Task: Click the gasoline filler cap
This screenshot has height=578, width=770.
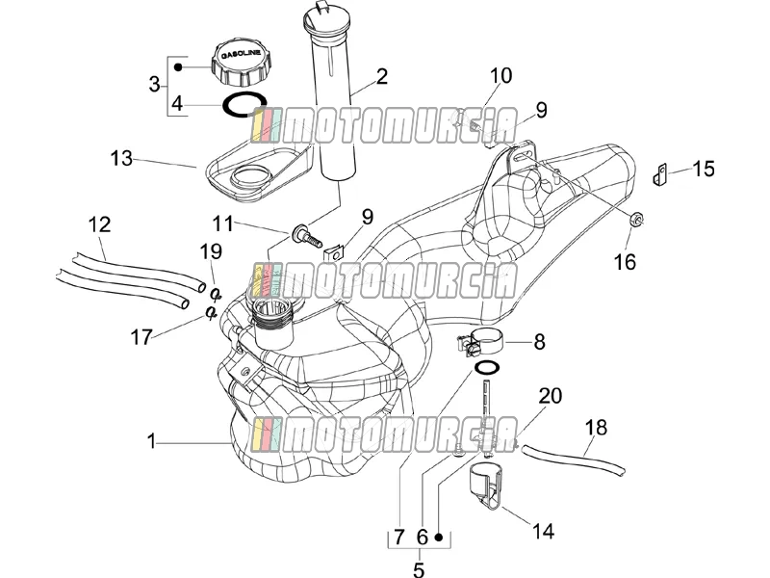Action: [242, 63]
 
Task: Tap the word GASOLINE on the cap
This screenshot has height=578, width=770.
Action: [243, 53]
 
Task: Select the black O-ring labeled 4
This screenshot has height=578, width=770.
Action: [244, 105]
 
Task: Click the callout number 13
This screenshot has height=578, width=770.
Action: [121, 158]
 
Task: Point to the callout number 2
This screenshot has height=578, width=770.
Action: [381, 76]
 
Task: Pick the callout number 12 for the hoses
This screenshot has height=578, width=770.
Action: [100, 224]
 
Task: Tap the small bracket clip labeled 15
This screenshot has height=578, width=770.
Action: [659, 175]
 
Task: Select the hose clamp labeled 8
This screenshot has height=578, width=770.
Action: [480, 342]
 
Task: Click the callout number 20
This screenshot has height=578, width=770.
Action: [550, 396]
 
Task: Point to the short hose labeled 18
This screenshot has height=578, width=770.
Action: [574, 459]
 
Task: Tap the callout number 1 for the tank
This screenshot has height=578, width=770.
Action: [152, 441]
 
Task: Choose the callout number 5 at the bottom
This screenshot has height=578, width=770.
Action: [419, 569]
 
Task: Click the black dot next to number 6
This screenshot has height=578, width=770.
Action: [439, 538]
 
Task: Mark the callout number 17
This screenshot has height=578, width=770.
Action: [141, 338]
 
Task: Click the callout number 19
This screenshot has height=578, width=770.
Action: [211, 251]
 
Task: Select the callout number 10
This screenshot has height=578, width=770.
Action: [500, 76]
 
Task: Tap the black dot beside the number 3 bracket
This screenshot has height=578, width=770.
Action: [179, 66]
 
